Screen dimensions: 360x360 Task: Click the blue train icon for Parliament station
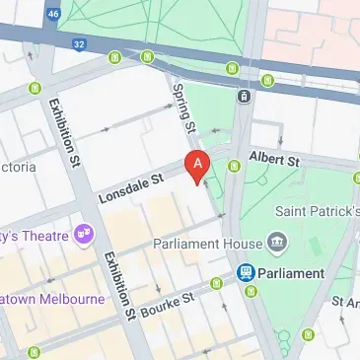pyautogui.click(x=246, y=272)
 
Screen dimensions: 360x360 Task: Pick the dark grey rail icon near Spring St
pyautogui.click(x=244, y=96)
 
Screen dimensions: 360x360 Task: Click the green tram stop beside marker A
pyautogui.click(x=234, y=166)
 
